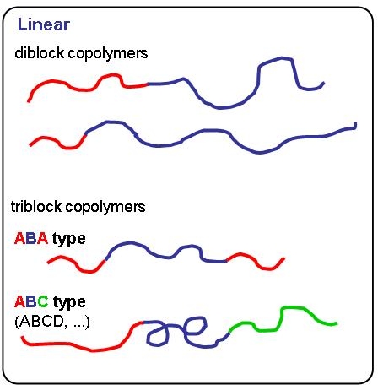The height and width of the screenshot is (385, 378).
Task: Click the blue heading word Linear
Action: click(x=44, y=24)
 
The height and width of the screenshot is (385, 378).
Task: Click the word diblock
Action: click(x=39, y=53)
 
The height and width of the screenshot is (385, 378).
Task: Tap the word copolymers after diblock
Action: click(x=108, y=53)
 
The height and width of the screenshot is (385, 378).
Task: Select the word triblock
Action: click(x=36, y=207)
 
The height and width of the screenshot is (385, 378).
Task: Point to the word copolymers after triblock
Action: click(x=105, y=208)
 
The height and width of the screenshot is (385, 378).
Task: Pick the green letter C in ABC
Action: click(x=43, y=301)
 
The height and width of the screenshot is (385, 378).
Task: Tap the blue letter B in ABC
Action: click(x=31, y=301)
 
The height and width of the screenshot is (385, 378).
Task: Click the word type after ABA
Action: click(x=69, y=240)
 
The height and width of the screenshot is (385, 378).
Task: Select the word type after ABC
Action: click(x=69, y=302)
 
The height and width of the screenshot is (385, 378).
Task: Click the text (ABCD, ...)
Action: click(x=52, y=322)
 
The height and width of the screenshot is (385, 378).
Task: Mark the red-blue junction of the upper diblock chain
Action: click(x=148, y=84)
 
